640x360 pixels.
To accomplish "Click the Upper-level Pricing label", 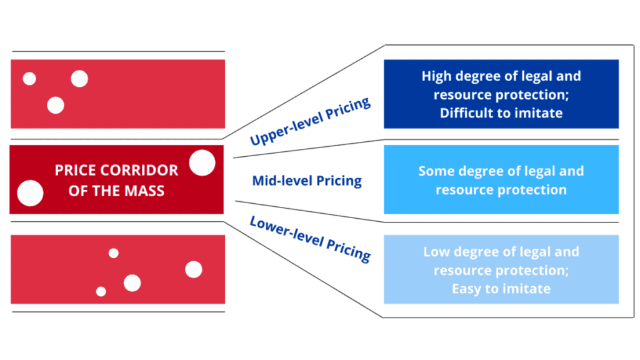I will point(310,121).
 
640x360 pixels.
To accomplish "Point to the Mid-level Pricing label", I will point(306,181).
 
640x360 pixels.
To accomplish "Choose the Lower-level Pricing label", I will point(310,238).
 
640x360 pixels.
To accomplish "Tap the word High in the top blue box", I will point(436,76).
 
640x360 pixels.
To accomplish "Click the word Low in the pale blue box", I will point(436,252).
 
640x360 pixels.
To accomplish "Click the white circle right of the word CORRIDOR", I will point(202,163).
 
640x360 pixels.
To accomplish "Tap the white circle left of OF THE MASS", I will point(30,193).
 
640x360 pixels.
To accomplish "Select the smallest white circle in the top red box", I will point(29,79).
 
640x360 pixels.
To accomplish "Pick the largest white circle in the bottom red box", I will point(194,269).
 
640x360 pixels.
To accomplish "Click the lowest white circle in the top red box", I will point(56,106).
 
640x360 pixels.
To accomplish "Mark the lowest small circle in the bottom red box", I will point(101,291).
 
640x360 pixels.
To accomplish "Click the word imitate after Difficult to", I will point(539,114).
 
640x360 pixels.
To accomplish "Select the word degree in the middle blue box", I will point(481,171).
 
